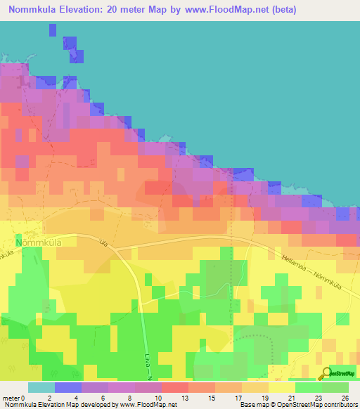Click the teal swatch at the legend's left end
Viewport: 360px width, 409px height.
[x=41, y=387]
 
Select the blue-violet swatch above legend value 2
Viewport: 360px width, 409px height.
[x=67, y=387]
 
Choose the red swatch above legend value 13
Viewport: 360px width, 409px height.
[x=174, y=387]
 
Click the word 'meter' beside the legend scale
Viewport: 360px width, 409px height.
[x=12, y=397]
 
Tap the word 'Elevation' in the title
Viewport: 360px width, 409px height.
[x=79, y=10]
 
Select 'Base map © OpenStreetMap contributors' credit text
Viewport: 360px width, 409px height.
[x=298, y=405]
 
